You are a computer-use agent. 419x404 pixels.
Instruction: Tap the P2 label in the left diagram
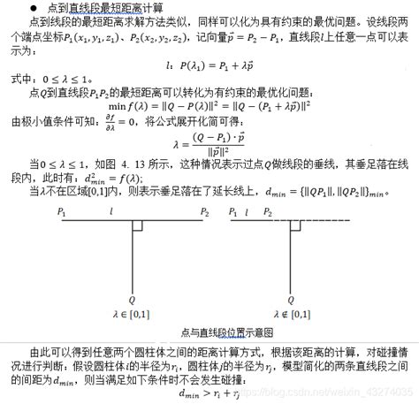[205, 211]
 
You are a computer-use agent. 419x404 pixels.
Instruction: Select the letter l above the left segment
[112, 211]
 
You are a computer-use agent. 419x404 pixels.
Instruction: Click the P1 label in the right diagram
[234, 211]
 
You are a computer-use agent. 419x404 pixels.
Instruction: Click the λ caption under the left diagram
[132, 313]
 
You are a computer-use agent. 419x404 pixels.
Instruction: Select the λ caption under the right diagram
[292, 313]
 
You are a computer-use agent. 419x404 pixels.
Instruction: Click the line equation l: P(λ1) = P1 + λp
[208, 64]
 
